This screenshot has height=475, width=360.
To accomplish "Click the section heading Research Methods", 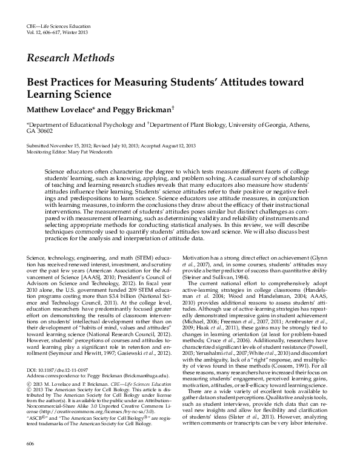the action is click(x=70, y=58).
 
